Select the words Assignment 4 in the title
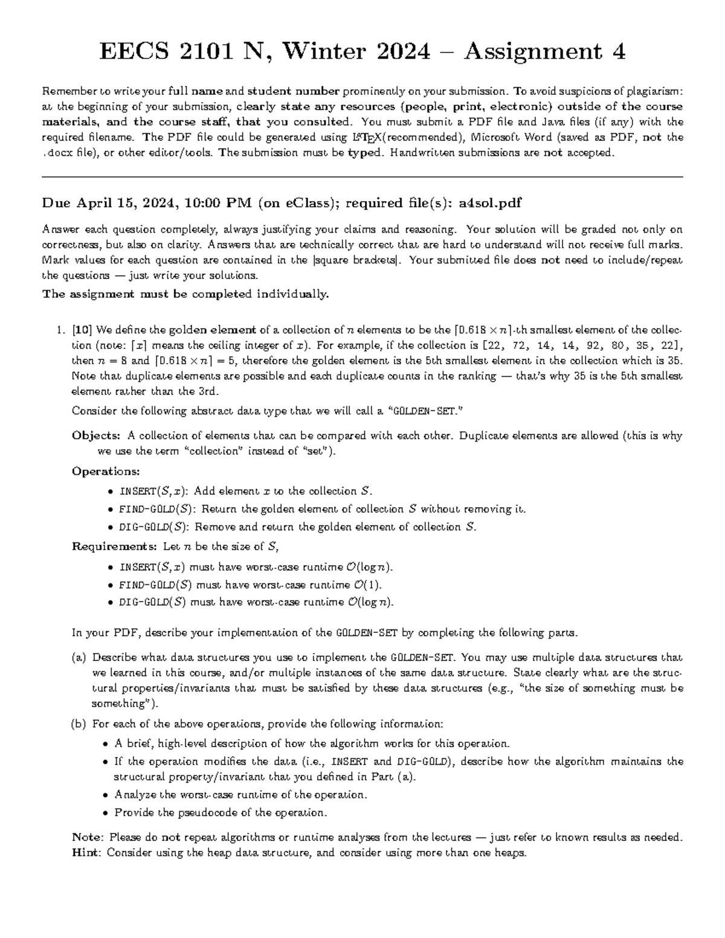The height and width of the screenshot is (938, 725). click(x=544, y=52)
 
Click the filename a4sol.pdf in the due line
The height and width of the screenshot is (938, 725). click(x=490, y=204)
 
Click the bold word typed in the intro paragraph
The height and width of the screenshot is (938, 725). click(x=365, y=153)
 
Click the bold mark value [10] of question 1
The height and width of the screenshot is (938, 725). click(x=82, y=330)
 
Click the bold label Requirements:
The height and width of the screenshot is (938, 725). click(x=114, y=547)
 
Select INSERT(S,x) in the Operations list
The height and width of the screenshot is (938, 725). click(x=153, y=491)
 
